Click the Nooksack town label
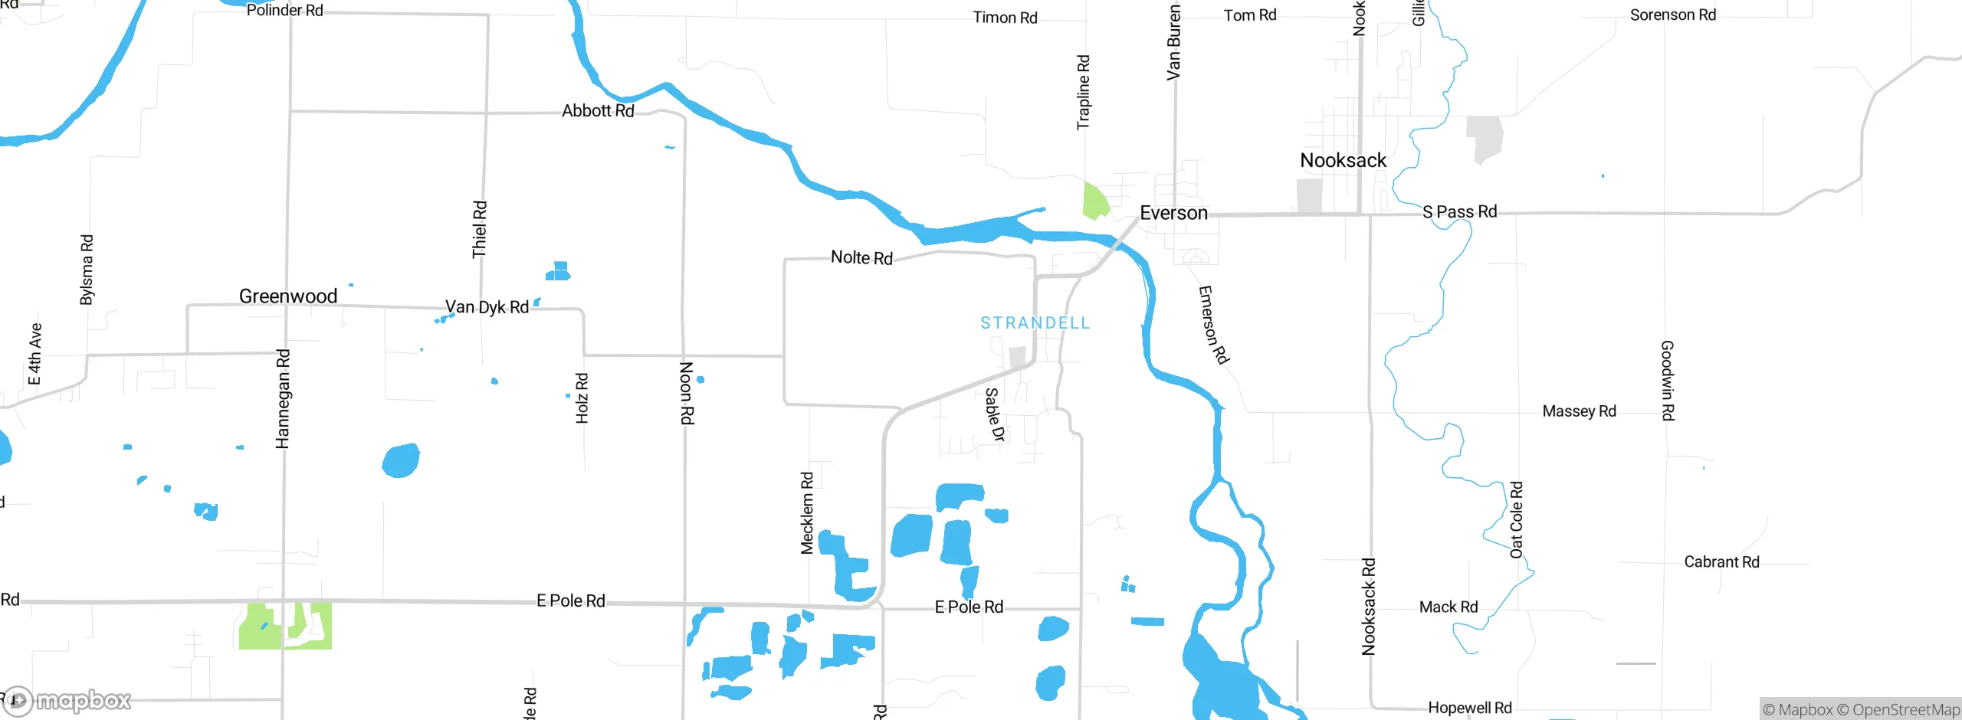tap(1343, 161)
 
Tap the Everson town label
tap(1173, 213)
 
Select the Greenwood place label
tap(288, 296)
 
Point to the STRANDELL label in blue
tap(1035, 323)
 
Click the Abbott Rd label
tap(598, 111)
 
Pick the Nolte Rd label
tap(861, 258)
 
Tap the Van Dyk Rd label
tap(487, 307)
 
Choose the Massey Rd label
tap(1579, 411)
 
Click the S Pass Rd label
tap(1459, 212)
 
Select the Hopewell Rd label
tap(1469, 708)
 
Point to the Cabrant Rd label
tap(1721, 562)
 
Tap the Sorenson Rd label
tap(1672, 15)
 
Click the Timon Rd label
tap(1005, 18)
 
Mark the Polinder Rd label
tap(284, 11)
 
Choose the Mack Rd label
tap(1448, 607)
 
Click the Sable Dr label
tap(995, 414)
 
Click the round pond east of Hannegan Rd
tap(401, 460)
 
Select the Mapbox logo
tap(67, 700)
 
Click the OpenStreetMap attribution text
tap(1901, 710)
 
